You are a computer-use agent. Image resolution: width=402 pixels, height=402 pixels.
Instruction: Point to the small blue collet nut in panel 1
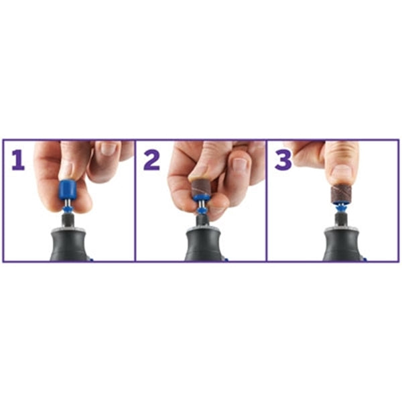point(68,210)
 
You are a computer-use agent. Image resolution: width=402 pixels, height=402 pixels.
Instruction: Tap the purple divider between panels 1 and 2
point(135,200)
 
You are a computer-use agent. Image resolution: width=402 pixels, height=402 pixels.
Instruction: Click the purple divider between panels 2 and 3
point(267,200)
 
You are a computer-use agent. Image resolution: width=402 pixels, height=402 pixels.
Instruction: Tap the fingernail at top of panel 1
point(107,148)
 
